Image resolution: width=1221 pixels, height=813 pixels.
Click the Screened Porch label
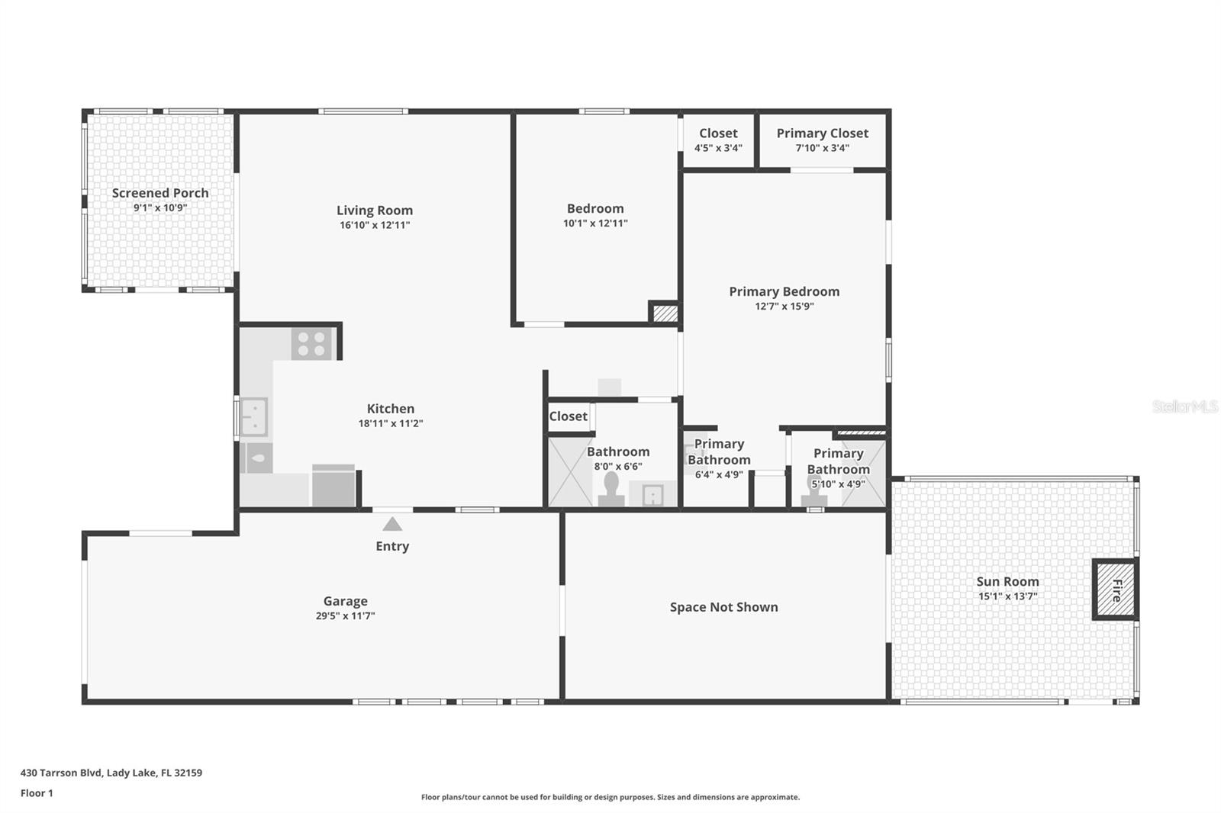[x=160, y=193]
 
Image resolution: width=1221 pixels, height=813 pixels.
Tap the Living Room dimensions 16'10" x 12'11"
[x=375, y=225]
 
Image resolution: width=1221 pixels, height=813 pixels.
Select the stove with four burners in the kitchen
[x=312, y=344]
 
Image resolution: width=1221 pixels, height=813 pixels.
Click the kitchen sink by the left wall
[x=253, y=416]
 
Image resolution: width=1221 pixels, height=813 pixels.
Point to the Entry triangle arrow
[x=392, y=524]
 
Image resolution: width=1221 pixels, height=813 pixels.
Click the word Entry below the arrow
[x=392, y=546]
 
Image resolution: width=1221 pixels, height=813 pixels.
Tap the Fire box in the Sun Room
[x=1116, y=590]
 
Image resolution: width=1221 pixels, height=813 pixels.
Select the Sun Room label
[x=1007, y=581]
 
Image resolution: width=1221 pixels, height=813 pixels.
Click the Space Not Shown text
[x=723, y=607]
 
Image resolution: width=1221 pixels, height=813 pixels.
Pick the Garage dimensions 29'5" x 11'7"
[x=345, y=616]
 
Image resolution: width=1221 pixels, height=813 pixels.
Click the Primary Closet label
[x=822, y=133]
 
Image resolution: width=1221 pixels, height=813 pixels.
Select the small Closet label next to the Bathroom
[x=568, y=416]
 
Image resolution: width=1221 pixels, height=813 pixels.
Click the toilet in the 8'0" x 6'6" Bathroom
[x=611, y=490]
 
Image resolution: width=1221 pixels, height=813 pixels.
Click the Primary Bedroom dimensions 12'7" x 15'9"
[x=784, y=307]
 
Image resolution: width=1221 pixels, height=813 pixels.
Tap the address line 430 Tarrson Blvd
[x=111, y=773]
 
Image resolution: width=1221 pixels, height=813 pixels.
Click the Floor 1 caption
[x=37, y=793]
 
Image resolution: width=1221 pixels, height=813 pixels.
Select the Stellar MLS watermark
[x=1184, y=406]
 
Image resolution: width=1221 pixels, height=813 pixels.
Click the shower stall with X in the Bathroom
[x=570, y=471]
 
